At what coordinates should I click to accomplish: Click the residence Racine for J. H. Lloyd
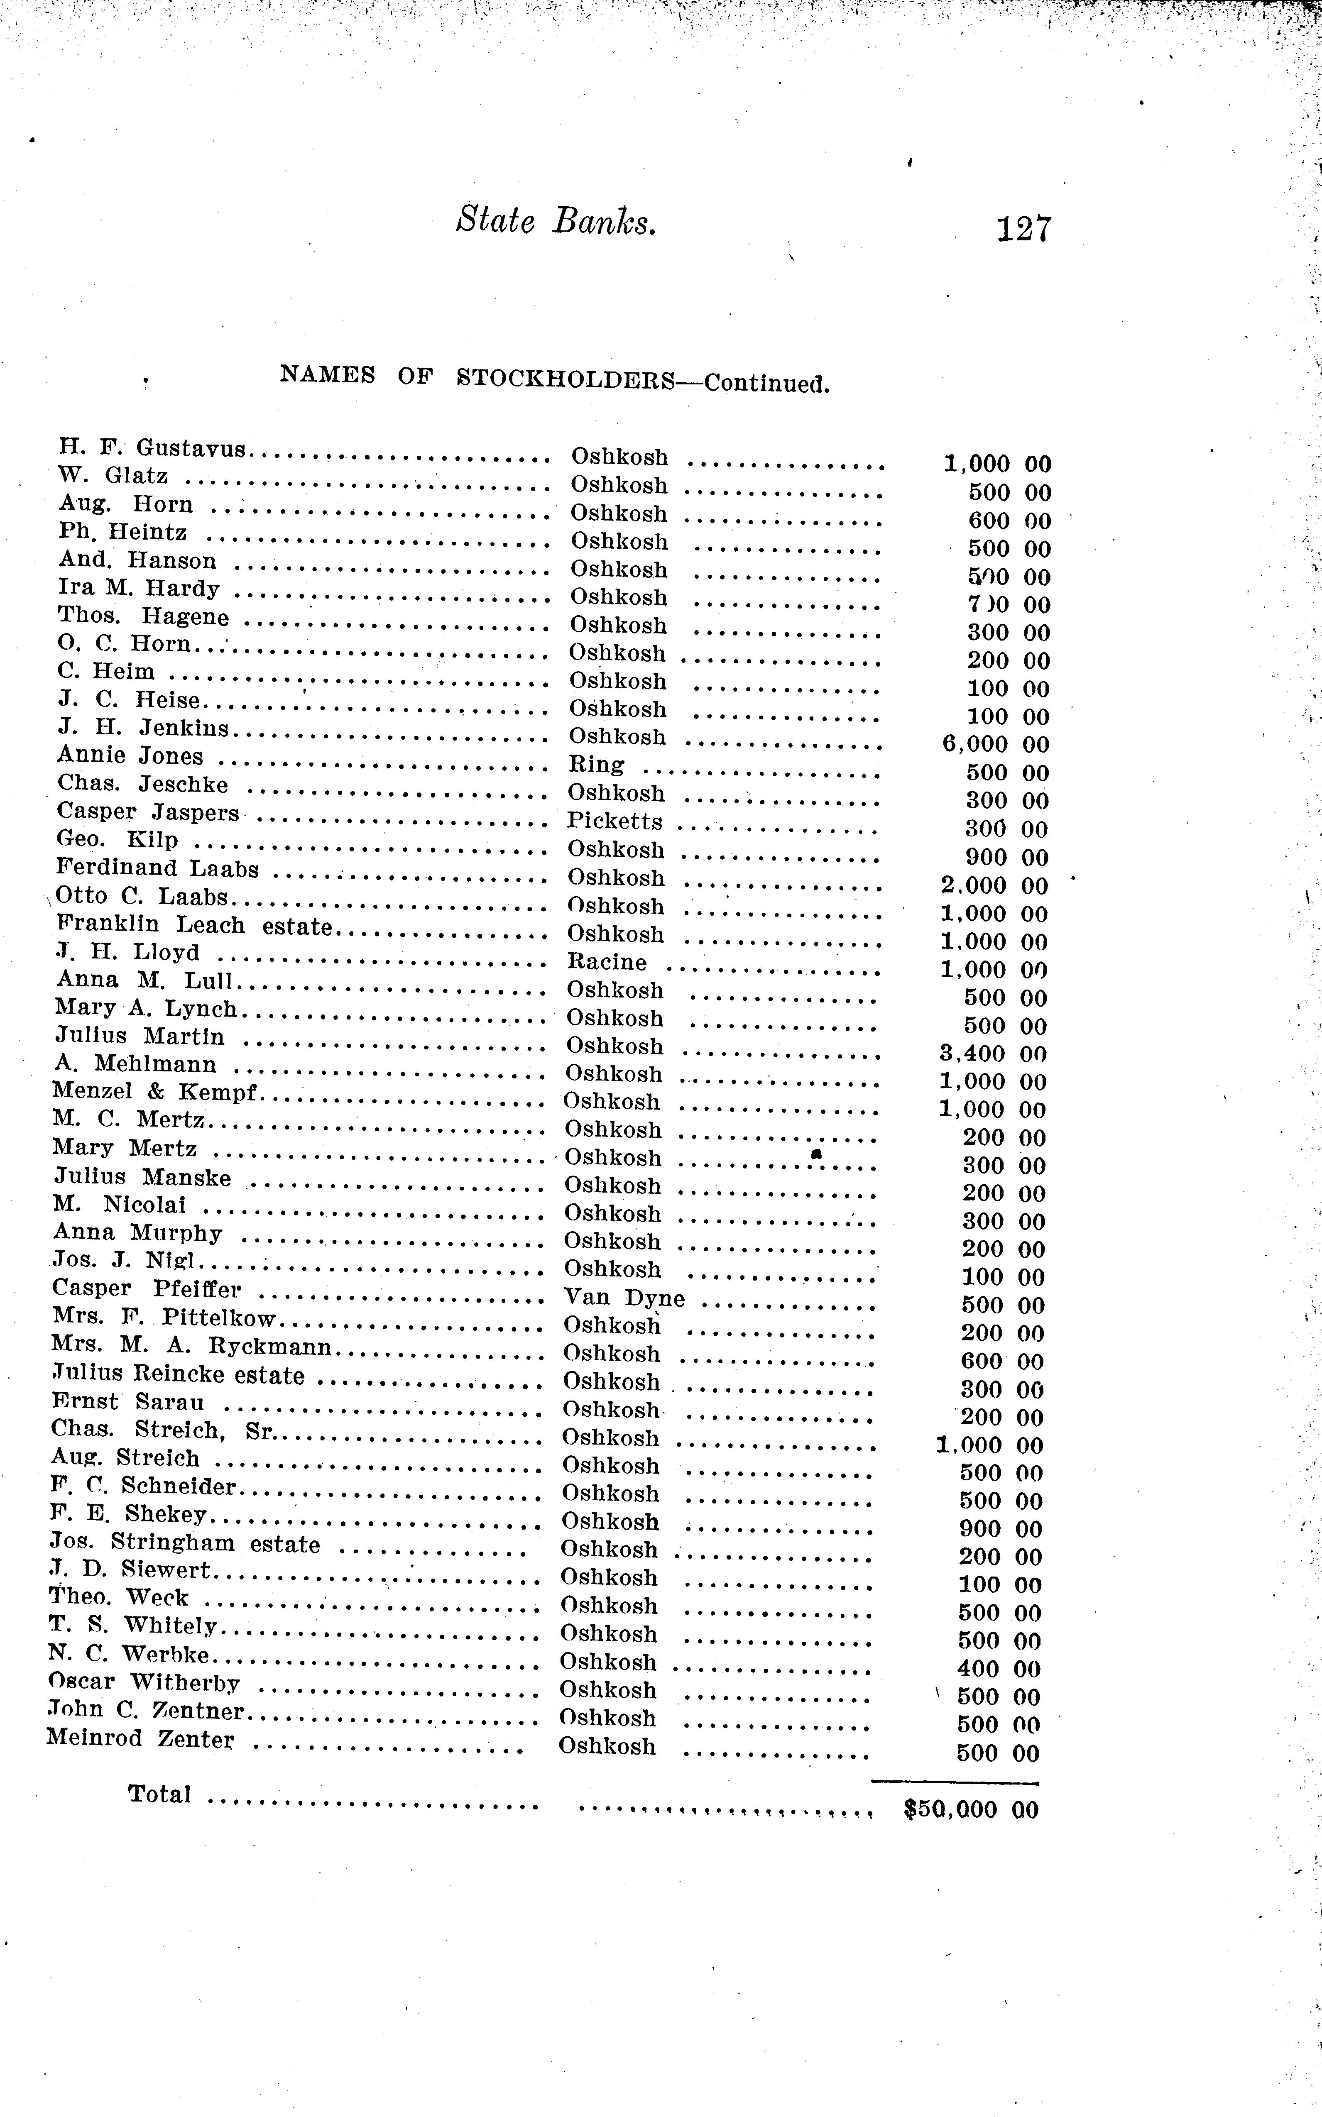(x=607, y=962)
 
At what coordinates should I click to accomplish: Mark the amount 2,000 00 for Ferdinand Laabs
(x=995, y=886)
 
